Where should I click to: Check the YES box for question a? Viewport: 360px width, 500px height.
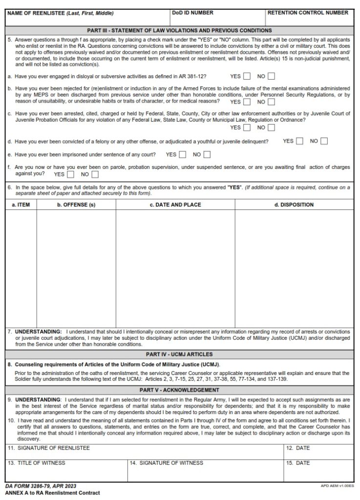[x=247, y=76]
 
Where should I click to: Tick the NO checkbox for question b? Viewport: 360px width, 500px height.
[x=271, y=102]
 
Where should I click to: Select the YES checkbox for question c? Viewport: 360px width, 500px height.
[x=247, y=128]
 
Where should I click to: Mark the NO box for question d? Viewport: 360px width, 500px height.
[x=324, y=141]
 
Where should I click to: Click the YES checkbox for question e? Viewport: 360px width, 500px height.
[x=183, y=155]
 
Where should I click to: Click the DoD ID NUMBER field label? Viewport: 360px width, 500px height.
[x=192, y=13]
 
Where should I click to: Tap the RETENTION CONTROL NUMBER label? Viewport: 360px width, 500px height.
[x=307, y=13]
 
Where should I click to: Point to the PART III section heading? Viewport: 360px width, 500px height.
[x=179, y=30]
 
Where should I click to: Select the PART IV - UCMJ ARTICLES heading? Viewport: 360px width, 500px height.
[x=179, y=354]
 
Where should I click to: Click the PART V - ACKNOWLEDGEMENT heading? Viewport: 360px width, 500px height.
[x=179, y=390]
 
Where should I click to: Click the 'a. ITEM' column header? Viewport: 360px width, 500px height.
[x=21, y=205]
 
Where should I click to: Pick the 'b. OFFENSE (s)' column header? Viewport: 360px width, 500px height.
[x=76, y=205]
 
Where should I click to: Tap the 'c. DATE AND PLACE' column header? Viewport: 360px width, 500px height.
[x=175, y=205]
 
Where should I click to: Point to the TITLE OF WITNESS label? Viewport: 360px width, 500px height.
[x=36, y=463]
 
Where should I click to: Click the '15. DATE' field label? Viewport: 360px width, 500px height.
[x=298, y=463]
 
